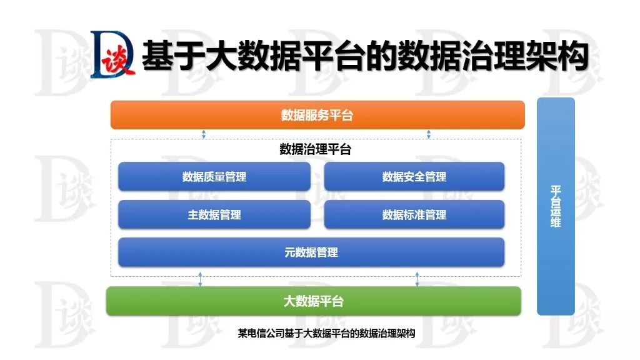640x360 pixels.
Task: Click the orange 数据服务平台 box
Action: click(317, 115)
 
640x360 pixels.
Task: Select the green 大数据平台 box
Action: click(313, 301)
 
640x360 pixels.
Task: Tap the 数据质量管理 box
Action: click(214, 177)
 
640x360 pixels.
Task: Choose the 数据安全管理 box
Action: click(414, 177)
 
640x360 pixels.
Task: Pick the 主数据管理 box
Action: click(214, 214)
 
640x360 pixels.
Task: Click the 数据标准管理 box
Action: click(414, 214)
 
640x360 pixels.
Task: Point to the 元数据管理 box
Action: click(311, 252)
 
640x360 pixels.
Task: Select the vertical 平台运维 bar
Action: click(556, 206)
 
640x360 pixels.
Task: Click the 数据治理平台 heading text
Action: click(315, 150)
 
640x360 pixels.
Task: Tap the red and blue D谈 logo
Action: click(113, 56)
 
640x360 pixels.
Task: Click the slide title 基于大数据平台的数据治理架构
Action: click(366, 56)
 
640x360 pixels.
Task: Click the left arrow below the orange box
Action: click(204, 134)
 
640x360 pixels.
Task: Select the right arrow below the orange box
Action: click(429, 134)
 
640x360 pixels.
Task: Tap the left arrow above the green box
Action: click(200, 279)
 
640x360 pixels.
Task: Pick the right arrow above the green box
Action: click(417, 279)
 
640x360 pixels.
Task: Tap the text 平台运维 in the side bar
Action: click(556, 206)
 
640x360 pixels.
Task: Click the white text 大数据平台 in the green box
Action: click(314, 301)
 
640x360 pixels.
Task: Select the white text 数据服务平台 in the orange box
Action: click(317, 116)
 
